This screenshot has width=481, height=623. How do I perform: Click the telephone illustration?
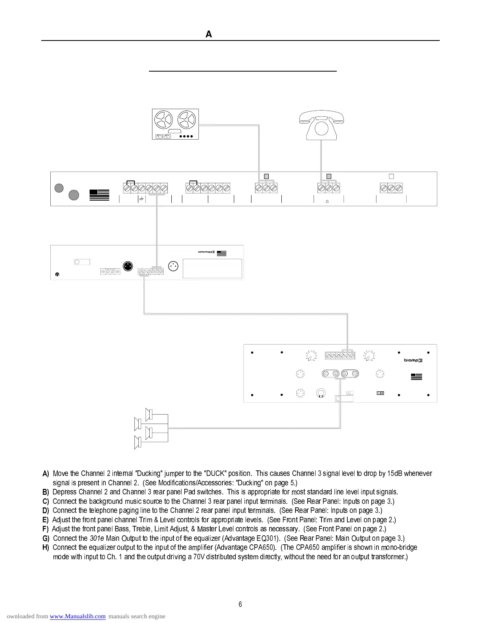[x=321, y=125]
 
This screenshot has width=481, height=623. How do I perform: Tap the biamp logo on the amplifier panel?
[x=413, y=360]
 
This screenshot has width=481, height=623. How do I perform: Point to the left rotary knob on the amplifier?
[x=311, y=356]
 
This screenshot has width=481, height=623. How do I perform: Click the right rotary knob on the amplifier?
[x=369, y=356]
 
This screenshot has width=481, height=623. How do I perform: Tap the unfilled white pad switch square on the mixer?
[x=391, y=177]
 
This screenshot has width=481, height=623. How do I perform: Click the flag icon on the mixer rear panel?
[x=99, y=195]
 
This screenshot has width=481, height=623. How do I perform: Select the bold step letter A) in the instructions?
[x=46, y=474]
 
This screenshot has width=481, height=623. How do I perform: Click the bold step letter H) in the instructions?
[x=46, y=547]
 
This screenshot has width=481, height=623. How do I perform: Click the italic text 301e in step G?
[x=97, y=538]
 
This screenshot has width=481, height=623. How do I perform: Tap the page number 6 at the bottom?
[x=240, y=605]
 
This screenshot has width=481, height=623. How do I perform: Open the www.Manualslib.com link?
[x=78, y=616]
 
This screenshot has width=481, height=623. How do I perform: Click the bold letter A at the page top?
[x=209, y=35]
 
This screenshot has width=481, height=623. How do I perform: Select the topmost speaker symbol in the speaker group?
[x=149, y=414]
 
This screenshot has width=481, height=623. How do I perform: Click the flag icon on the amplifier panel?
[x=417, y=376]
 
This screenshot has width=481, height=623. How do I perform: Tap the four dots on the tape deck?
[x=186, y=136]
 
